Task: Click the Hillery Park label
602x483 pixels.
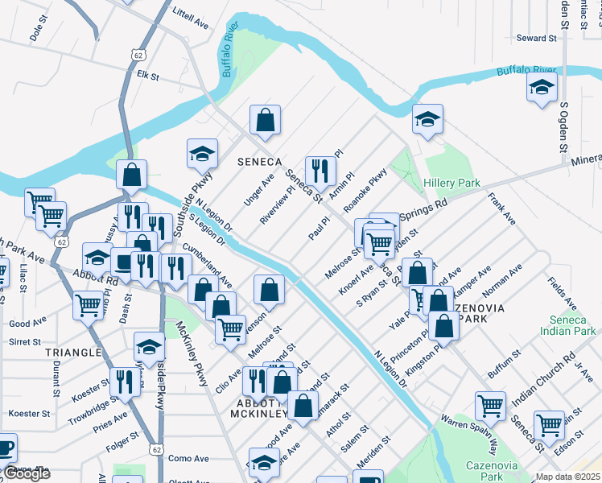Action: pyautogui.click(x=451, y=184)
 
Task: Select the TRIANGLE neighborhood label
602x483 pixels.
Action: pyautogui.click(x=73, y=353)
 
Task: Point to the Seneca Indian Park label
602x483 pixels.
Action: pyautogui.click(x=567, y=325)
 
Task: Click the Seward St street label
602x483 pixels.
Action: pyautogui.click(x=537, y=38)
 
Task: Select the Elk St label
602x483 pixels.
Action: pyautogui.click(x=148, y=76)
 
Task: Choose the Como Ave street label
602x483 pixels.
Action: pyautogui.click(x=188, y=458)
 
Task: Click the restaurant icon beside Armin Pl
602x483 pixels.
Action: pyautogui.click(x=320, y=170)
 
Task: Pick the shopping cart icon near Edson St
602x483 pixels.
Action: pyautogui.click(x=549, y=423)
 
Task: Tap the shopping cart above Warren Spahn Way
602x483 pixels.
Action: pyautogui.click(x=490, y=406)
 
